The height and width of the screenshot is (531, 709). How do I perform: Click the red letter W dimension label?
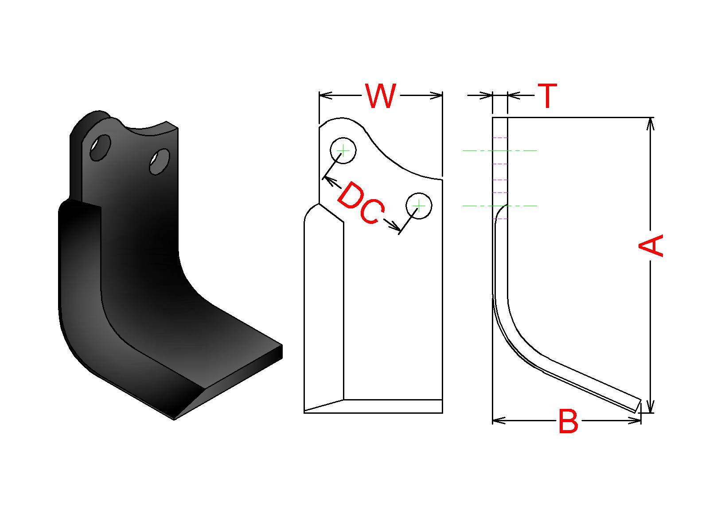click(x=380, y=96)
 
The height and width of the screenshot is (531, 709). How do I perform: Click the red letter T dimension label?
click(x=547, y=96)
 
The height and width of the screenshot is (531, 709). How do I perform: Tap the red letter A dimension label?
click(x=651, y=245)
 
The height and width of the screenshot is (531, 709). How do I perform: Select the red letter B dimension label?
click(x=568, y=421)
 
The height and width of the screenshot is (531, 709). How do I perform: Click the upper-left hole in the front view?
click(x=343, y=150)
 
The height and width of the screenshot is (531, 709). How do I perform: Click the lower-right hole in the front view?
click(x=419, y=205)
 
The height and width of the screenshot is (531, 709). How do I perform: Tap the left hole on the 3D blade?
click(x=101, y=147)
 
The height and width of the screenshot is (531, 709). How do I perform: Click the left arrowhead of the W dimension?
click(x=322, y=95)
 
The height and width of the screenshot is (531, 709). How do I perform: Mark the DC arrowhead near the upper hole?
click(x=326, y=179)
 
